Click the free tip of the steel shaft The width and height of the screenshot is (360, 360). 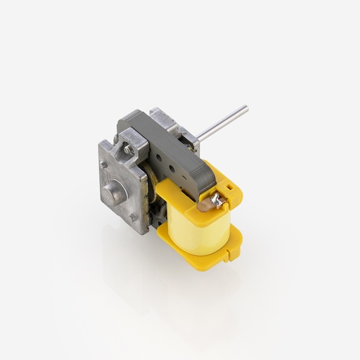tap(245, 108)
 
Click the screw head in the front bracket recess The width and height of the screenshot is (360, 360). tap(129, 149)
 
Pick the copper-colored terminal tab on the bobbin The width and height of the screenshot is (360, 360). tap(205, 205)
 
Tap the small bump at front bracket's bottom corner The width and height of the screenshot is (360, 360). tap(134, 218)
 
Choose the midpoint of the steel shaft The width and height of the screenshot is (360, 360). tap(221, 123)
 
